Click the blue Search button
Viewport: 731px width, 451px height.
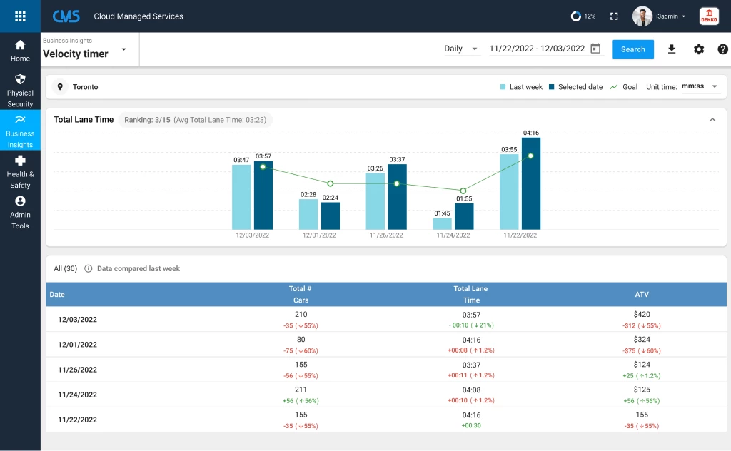pyautogui.click(x=632, y=49)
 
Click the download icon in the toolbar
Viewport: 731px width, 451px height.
pyautogui.click(x=671, y=49)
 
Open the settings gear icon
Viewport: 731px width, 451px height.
pyautogui.click(x=699, y=49)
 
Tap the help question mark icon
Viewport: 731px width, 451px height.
pyautogui.click(x=722, y=49)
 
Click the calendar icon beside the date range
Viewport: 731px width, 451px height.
pyautogui.click(x=595, y=49)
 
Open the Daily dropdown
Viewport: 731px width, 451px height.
pyautogui.click(x=461, y=49)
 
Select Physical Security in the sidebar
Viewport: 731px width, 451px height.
pyautogui.click(x=20, y=90)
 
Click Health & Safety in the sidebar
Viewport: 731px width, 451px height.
pyautogui.click(x=20, y=171)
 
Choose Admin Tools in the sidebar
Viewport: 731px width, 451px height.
pyautogui.click(x=20, y=212)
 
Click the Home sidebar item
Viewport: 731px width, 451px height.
pyautogui.click(x=20, y=50)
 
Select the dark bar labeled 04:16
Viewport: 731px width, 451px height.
pyautogui.click(x=530, y=183)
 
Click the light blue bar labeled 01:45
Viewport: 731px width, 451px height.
pyautogui.click(x=442, y=223)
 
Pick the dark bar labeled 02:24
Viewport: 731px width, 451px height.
pyautogui.click(x=330, y=216)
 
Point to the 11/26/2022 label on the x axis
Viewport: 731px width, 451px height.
pyautogui.click(x=385, y=235)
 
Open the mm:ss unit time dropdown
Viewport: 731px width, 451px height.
pyautogui.click(x=700, y=86)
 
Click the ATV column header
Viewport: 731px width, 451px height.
pyautogui.click(x=642, y=294)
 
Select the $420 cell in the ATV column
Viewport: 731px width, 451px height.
pyautogui.click(x=642, y=314)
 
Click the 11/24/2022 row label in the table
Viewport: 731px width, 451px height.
pyautogui.click(x=77, y=395)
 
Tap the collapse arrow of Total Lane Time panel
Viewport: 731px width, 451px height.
pyautogui.click(x=712, y=120)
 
